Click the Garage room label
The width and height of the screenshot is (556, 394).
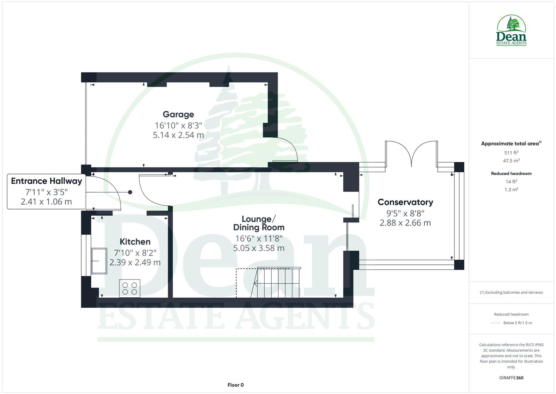pyautogui.click(x=178, y=115)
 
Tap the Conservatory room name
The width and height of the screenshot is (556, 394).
pyautogui.click(x=405, y=202)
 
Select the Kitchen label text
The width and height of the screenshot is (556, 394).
pyautogui.click(x=135, y=242)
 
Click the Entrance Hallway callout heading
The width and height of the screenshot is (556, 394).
pyautogui.click(x=47, y=181)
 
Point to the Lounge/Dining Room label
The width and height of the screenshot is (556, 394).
pyautogui.click(x=259, y=223)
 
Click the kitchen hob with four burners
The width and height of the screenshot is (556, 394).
pyautogui.click(x=130, y=288)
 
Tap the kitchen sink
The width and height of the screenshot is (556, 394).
pyautogui.click(x=99, y=260)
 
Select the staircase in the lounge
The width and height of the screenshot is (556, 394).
pyautogui.click(x=277, y=282)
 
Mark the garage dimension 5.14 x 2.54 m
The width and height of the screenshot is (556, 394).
pyautogui.click(x=178, y=135)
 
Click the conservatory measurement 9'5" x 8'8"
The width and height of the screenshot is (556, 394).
pyautogui.click(x=405, y=213)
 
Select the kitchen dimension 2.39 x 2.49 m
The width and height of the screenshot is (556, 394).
pyautogui.click(x=135, y=262)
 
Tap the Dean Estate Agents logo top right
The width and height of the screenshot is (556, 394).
pyautogui.click(x=511, y=31)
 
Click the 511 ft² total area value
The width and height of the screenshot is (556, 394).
pyautogui.click(x=511, y=153)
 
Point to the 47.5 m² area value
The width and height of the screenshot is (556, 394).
pyautogui.click(x=511, y=161)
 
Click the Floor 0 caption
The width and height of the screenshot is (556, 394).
pyautogui.click(x=235, y=385)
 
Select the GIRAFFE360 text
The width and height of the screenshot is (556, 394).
pyautogui.click(x=511, y=378)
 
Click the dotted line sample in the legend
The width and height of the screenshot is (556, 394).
pyautogui.click(x=496, y=323)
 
